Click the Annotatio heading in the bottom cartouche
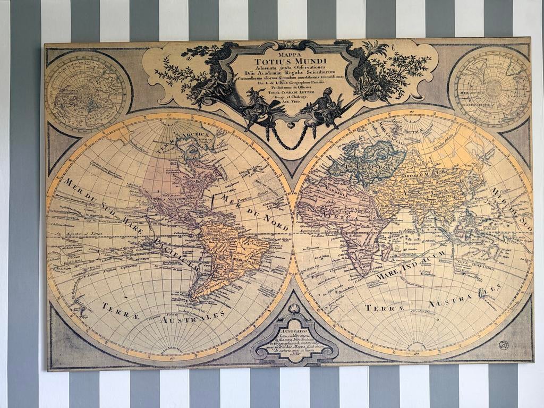point(294,330)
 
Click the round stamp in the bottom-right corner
point(504,345)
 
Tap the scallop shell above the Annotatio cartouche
point(294,309)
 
